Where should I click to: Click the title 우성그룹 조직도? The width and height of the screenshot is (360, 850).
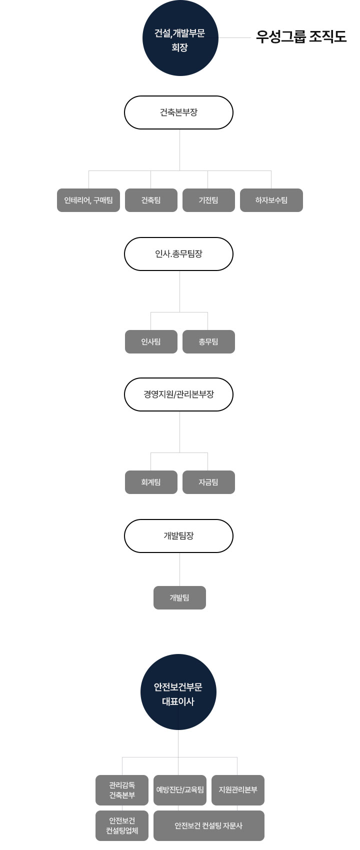(x=301, y=37)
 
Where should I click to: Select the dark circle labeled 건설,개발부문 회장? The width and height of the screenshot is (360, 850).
(x=180, y=38)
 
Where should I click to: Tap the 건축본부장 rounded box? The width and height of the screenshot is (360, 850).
(x=178, y=112)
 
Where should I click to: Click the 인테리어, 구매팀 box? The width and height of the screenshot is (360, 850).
(x=88, y=200)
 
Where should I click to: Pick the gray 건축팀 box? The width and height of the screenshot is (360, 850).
(x=151, y=200)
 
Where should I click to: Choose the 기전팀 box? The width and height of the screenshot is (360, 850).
(x=208, y=200)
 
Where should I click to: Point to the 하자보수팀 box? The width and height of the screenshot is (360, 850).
(x=271, y=200)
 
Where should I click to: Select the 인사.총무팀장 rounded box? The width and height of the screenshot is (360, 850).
(x=178, y=254)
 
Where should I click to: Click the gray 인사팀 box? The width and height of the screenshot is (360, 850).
(x=151, y=341)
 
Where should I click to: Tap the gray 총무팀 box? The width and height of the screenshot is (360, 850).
(x=208, y=341)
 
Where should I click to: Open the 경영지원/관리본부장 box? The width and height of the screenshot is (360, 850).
(x=178, y=394)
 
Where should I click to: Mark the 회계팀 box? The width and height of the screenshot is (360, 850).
(x=151, y=482)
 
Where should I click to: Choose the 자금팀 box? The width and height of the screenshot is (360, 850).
(x=208, y=482)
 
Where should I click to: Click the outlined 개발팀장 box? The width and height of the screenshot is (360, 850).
(x=178, y=536)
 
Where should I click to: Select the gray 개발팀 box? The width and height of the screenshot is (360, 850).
(x=179, y=597)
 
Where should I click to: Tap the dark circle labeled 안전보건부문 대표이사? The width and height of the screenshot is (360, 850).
(x=178, y=692)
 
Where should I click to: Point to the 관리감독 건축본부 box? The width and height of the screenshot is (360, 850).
(x=122, y=790)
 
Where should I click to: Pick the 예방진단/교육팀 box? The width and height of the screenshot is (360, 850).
(x=180, y=790)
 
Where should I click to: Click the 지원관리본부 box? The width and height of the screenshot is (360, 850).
(x=238, y=790)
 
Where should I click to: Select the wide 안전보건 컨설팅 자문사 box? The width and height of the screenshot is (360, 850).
(x=208, y=825)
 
